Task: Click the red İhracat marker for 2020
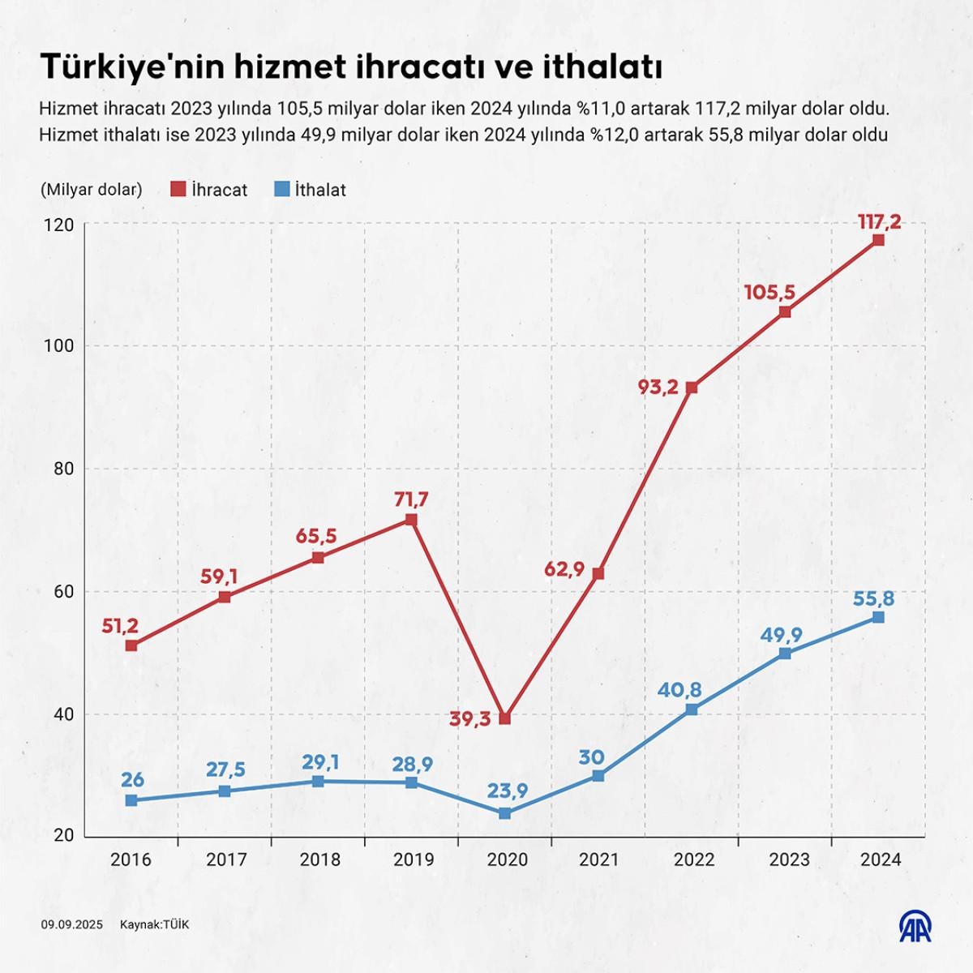[x=505, y=718]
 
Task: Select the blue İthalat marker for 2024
[x=878, y=617]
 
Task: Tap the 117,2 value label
[x=878, y=221]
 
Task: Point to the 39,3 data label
[x=470, y=718]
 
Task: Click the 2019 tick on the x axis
[x=414, y=859]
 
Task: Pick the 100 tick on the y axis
[x=60, y=346]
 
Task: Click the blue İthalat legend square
[x=282, y=189]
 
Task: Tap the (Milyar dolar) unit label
[x=91, y=190]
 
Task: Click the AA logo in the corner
[x=915, y=926]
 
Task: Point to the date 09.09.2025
[x=72, y=924]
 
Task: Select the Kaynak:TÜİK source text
[x=154, y=924]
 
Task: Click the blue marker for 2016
[x=131, y=800]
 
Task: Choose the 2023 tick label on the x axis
[x=789, y=859]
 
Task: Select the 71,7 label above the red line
[x=411, y=499]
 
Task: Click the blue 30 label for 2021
[x=592, y=757]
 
